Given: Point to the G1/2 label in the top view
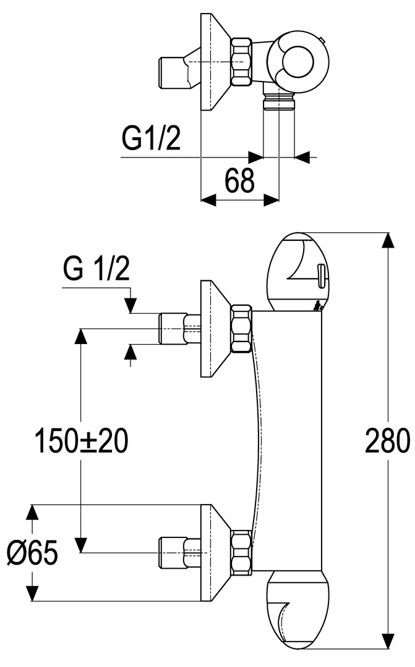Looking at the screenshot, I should pyautogui.click(x=150, y=139).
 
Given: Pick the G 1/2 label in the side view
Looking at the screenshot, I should pyautogui.click(x=96, y=269).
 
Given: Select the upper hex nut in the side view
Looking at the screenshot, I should pyautogui.click(x=241, y=329).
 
